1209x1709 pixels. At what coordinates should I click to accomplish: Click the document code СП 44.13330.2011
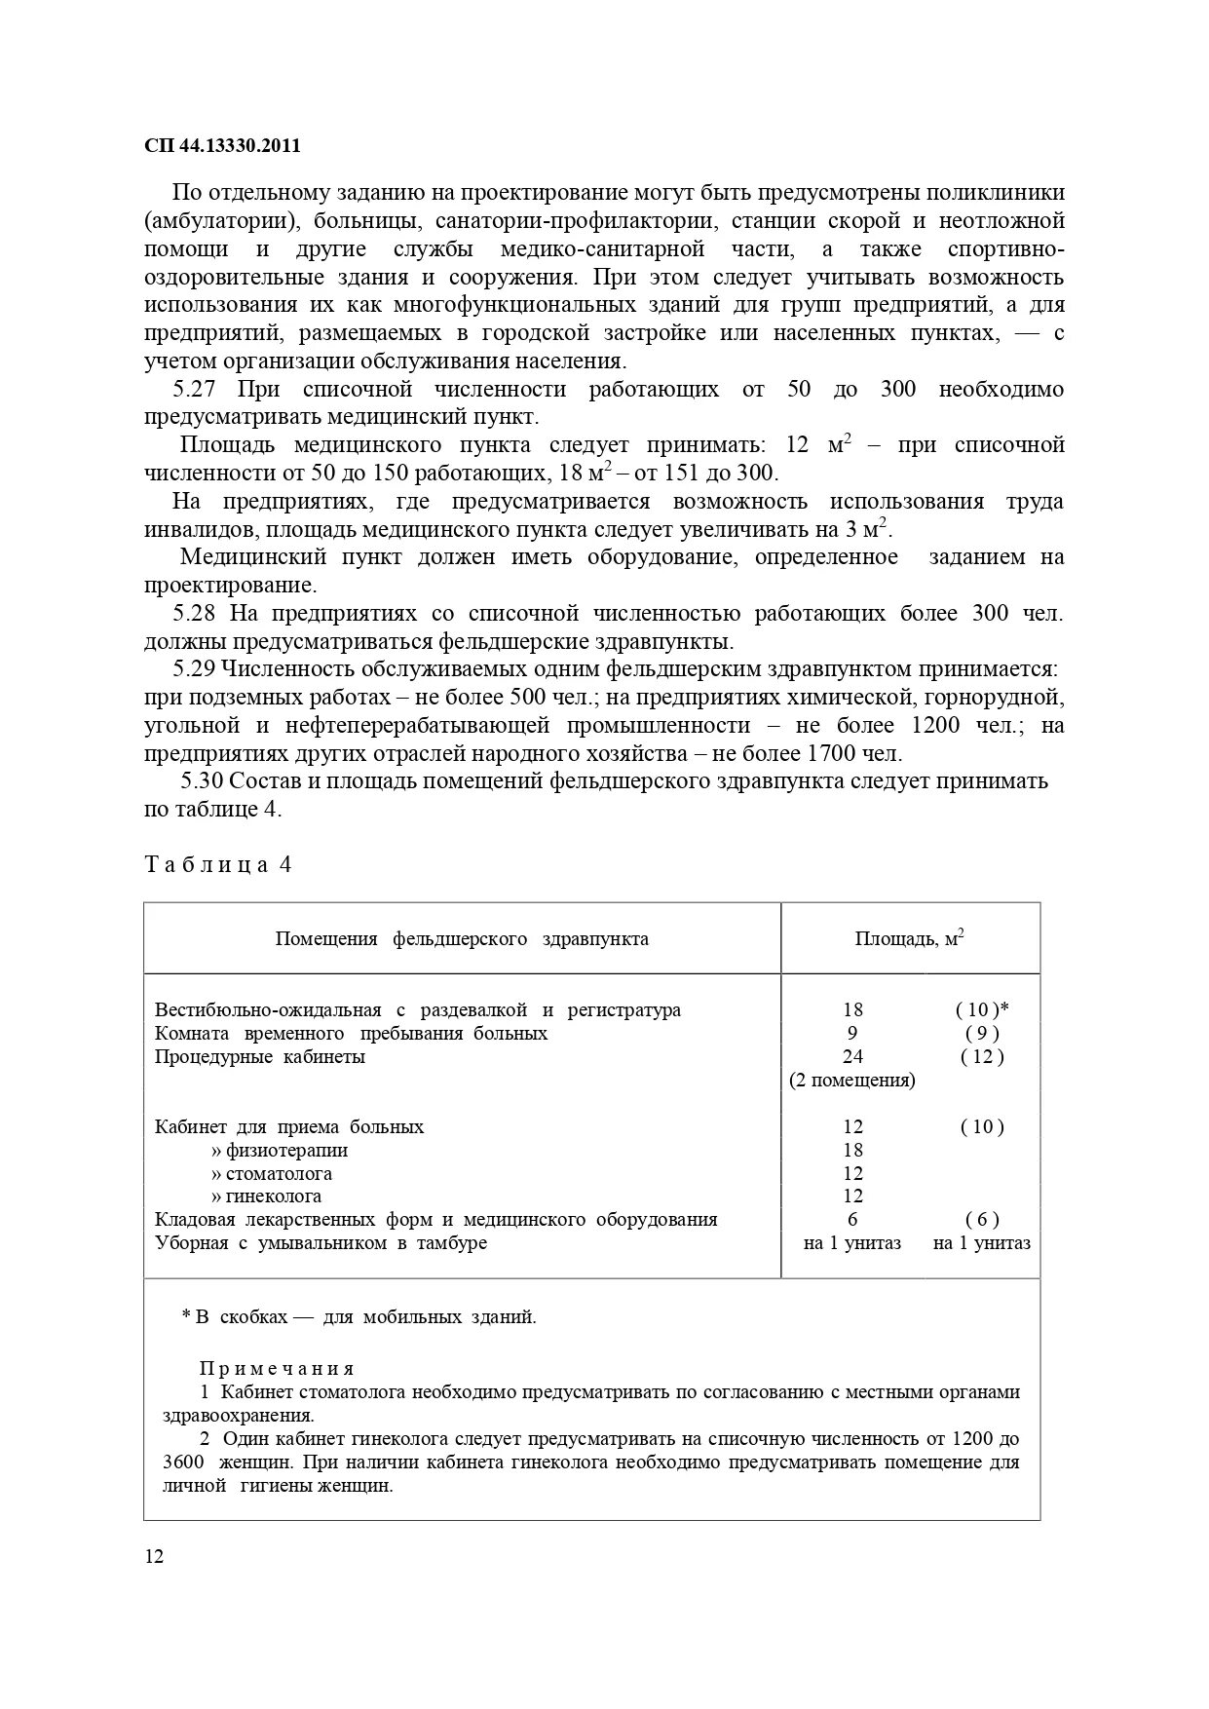[x=222, y=146]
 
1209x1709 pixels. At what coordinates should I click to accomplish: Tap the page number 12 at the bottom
[x=154, y=1556]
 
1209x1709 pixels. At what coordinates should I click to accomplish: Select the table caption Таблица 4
[x=218, y=865]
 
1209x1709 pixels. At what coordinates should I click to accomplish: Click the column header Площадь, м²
[x=909, y=939]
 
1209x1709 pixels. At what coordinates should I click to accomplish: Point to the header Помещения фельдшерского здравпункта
[x=462, y=939]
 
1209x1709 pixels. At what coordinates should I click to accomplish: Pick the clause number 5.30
[x=204, y=781]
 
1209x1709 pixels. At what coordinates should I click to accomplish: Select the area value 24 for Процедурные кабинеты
[x=852, y=1057]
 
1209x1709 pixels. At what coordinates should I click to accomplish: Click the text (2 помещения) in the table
[x=851, y=1081]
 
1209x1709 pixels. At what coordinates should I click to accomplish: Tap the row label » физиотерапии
[x=280, y=1151]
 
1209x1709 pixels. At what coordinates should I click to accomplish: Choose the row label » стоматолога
[x=272, y=1174]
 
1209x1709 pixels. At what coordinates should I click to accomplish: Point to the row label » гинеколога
[x=267, y=1196]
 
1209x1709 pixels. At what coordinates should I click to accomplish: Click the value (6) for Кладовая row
[x=982, y=1220]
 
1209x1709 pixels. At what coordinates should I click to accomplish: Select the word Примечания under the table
[x=278, y=1369]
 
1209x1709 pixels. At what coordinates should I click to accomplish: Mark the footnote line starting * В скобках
[x=359, y=1317]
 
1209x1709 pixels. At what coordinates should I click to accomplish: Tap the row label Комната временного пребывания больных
[x=351, y=1034]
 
